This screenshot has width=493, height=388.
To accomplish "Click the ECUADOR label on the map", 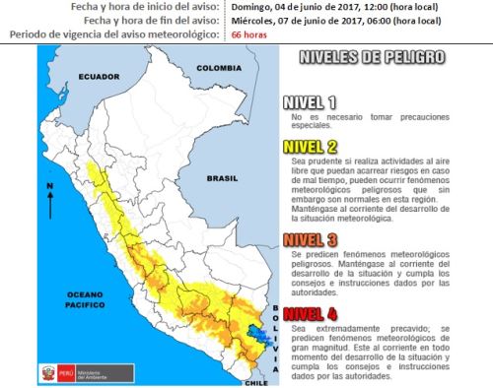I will tap(100, 77).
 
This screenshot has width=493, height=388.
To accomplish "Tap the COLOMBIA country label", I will tap(218, 68).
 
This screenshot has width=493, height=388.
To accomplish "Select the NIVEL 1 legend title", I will tap(310, 102).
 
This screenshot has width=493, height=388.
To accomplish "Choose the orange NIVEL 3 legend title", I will tap(310, 238).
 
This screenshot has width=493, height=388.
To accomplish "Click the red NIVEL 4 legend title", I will tap(310, 314).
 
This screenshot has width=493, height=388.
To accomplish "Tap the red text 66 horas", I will tap(250, 34).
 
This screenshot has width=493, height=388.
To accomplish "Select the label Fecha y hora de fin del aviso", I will tap(137, 20).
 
